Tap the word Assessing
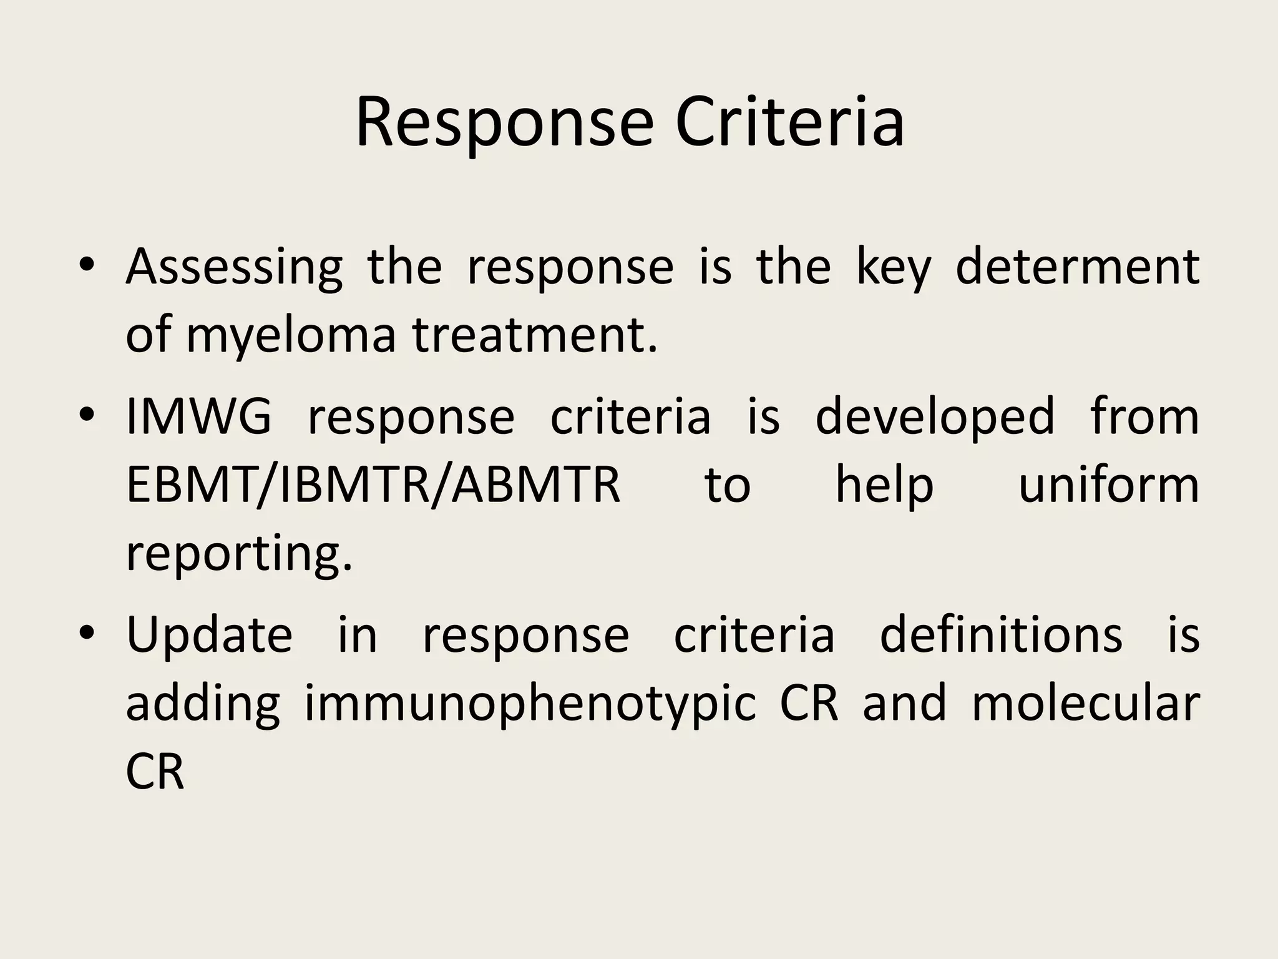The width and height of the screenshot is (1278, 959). click(234, 267)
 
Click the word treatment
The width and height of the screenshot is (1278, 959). click(535, 334)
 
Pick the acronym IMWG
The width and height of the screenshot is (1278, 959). click(199, 416)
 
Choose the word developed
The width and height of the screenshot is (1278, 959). click(935, 417)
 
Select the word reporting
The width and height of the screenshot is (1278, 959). click(239, 554)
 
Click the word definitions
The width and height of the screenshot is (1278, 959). click(1001, 634)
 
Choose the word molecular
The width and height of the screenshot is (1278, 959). click(1085, 703)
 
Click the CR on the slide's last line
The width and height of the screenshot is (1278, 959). click(155, 772)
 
